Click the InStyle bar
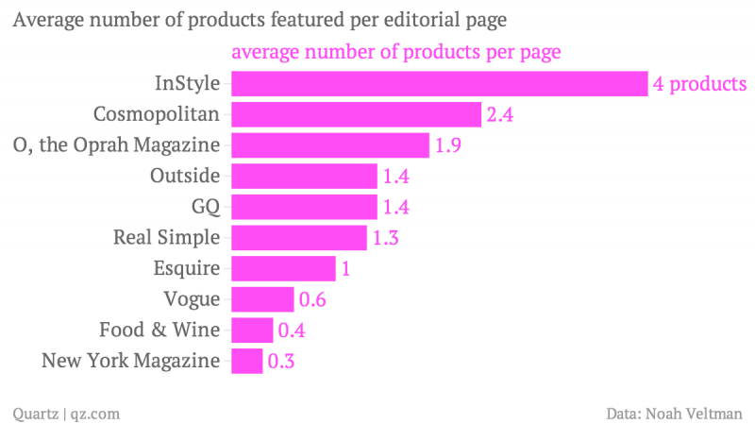point(439,84)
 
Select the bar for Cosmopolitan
point(356,115)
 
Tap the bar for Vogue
point(262,299)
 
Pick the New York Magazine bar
point(246,361)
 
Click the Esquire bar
point(283,268)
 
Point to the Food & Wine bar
point(252,331)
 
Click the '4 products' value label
point(699,84)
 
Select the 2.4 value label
point(500,115)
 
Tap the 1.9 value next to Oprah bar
point(448,145)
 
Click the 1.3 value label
point(386,238)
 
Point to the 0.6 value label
point(313,299)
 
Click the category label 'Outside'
point(185,176)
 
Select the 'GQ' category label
point(205,207)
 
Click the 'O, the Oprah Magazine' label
point(117,145)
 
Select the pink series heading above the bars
point(396,51)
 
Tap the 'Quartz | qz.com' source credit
point(65,413)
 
